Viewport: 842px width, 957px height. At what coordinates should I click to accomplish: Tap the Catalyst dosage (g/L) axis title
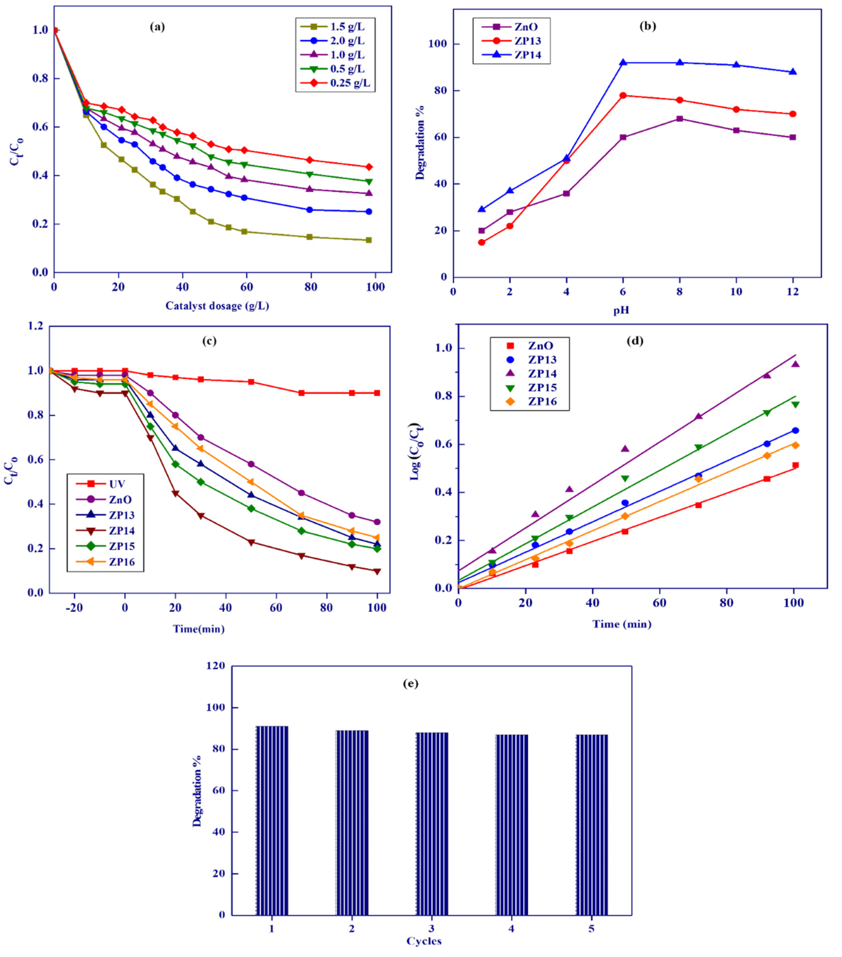tap(217, 306)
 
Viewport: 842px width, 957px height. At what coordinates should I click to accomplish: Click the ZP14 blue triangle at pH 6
tap(623, 62)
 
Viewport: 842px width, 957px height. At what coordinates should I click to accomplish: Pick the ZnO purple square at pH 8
tap(679, 119)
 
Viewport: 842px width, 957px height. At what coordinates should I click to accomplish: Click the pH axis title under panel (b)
tap(621, 310)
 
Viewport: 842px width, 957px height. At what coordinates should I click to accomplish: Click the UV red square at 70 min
tap(301, 393)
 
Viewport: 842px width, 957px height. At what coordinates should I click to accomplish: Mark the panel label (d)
tap(635, 341)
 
